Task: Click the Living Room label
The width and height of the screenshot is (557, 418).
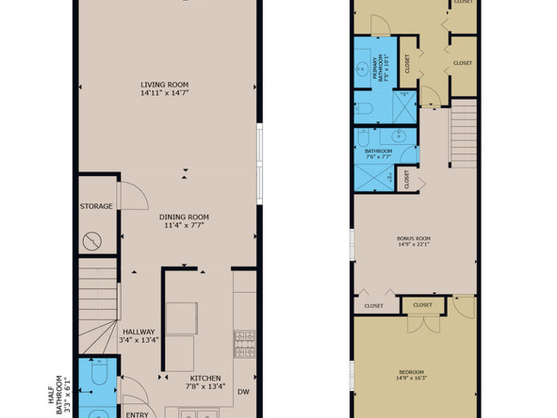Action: tap(164, 84)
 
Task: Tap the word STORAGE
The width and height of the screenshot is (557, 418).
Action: tap(96, 206)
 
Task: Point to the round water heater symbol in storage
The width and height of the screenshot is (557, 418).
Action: tap(92, 240)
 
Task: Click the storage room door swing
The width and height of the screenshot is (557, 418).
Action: tap(134, 196)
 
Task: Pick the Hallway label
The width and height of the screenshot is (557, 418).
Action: tap(139, 331)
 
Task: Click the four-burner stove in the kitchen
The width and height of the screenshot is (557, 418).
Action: tap(244, 343)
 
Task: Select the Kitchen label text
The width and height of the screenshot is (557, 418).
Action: tap(205, 378)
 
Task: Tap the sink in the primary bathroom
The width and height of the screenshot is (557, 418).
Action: tap(362, 69)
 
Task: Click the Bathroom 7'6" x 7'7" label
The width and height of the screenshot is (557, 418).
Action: tap(378, 153)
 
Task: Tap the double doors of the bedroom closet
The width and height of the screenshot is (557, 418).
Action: tap(424, 324)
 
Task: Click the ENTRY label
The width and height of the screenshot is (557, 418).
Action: tap(137, 414)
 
